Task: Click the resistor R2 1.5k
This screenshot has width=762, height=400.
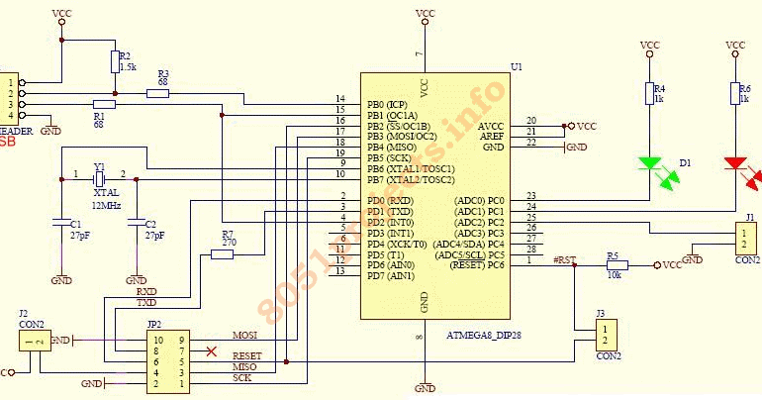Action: [x=115, y=62]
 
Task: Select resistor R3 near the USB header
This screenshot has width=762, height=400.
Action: [x=158, y=93]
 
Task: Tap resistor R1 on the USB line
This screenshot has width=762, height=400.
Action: [x=104, y=104]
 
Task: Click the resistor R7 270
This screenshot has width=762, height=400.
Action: [x=222, y=254]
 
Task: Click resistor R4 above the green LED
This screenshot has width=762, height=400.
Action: [x=650, y=93]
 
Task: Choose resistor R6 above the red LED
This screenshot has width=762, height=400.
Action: [x=735, y=93]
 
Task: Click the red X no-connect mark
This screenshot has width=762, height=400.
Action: [x=210, y=350]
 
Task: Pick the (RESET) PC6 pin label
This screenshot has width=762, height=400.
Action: [x=478, y=264]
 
